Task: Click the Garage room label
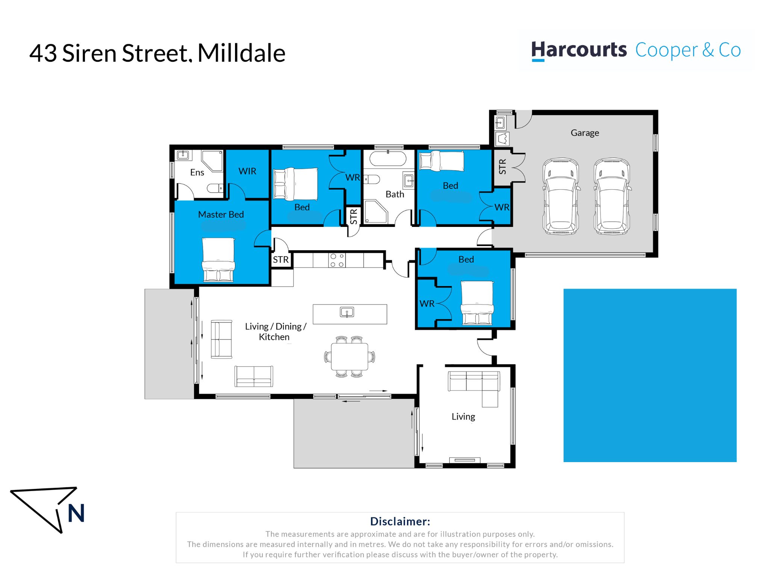click(x=585, y=133)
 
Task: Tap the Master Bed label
click(x=221, y=214)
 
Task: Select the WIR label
click(x=247, y=171)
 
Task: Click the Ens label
click(x=197, y=172)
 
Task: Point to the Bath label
click(x=394, y=194)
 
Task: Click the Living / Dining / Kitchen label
click(x=275, y=332)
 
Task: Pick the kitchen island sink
click(x=347, y=312)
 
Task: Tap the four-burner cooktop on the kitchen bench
click(x=337, y=260)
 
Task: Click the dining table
click(x=349, y=357)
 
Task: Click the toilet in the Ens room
click(x=215, y=188)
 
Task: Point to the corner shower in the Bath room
click(x=375, y=211)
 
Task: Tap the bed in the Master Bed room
click(x=218, y=260)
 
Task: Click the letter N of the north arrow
click(x=76, y=513)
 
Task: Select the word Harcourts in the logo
click(x=579, y=50)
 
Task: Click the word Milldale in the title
click(x=241, y=53)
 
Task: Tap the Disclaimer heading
click(x=400, y=522)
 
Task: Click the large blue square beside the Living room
click(x=650, y=375)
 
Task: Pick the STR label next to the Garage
click(x=502, y=167)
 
